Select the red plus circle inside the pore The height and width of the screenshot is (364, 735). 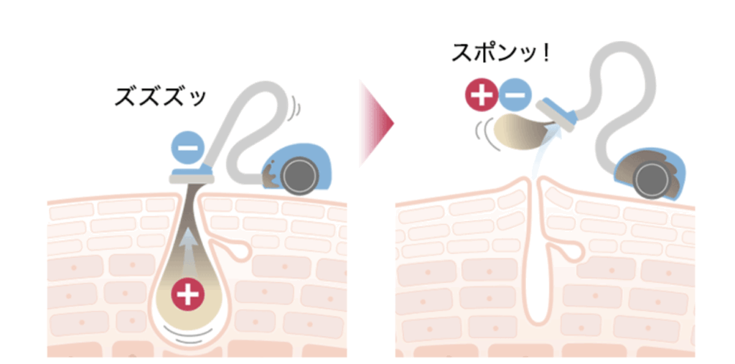click(x=187, y=294)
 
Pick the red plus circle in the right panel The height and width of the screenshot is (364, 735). click(x=481, y=95)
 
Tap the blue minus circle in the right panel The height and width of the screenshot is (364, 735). click(x=514, y=95)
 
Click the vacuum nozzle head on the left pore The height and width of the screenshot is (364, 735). click(x=190, y=174)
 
